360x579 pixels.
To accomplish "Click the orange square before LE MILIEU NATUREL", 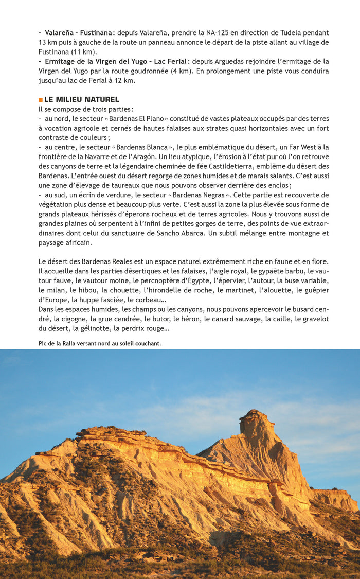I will click(41, 99).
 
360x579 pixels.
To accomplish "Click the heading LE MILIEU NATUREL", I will click(81, 99).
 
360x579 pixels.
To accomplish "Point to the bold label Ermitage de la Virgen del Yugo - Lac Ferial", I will click(116, 61).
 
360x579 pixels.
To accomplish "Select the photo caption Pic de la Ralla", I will click(99, 343).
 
